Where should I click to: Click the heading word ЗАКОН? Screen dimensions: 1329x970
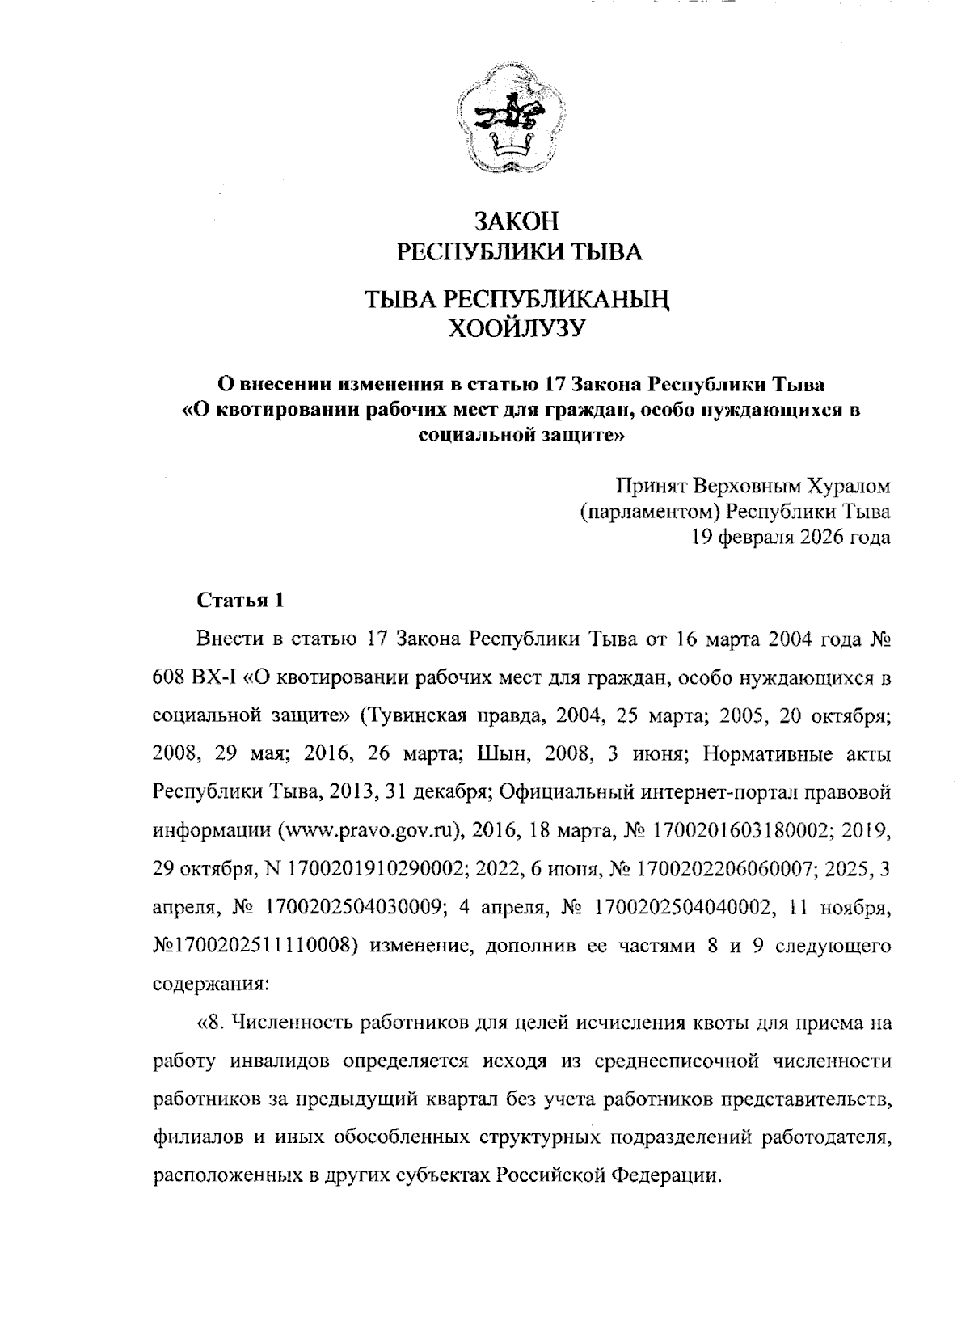click(x=517, y=221)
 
